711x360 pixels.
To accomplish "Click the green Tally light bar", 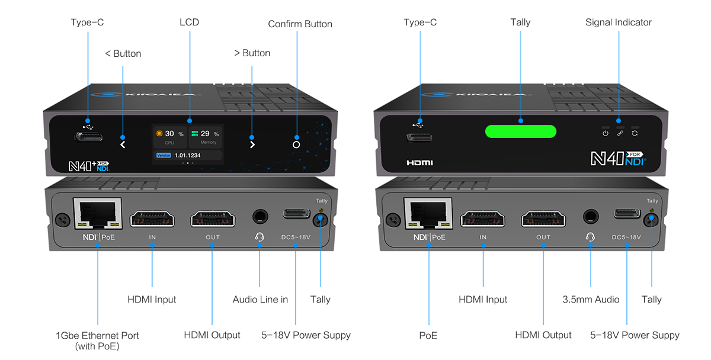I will [520, 131].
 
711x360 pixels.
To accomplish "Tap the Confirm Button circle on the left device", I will [296, 144].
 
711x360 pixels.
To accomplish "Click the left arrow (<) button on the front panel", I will [123, 144].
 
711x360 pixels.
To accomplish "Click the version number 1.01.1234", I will [187, 155].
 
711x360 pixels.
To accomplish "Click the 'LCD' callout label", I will [190, 22].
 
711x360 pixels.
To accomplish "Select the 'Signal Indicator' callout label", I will [618, 22].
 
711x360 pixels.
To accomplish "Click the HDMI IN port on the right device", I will [483, 218].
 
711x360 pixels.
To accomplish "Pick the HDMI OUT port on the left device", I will [212, 218].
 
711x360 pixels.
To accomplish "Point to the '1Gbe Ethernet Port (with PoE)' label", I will [97, 340].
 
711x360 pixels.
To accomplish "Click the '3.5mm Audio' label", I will [590, 300].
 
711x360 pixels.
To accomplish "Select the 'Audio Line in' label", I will [260, 300].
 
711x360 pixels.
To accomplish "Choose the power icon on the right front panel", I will [605, 134].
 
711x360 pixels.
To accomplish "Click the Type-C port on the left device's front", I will [88, 137].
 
